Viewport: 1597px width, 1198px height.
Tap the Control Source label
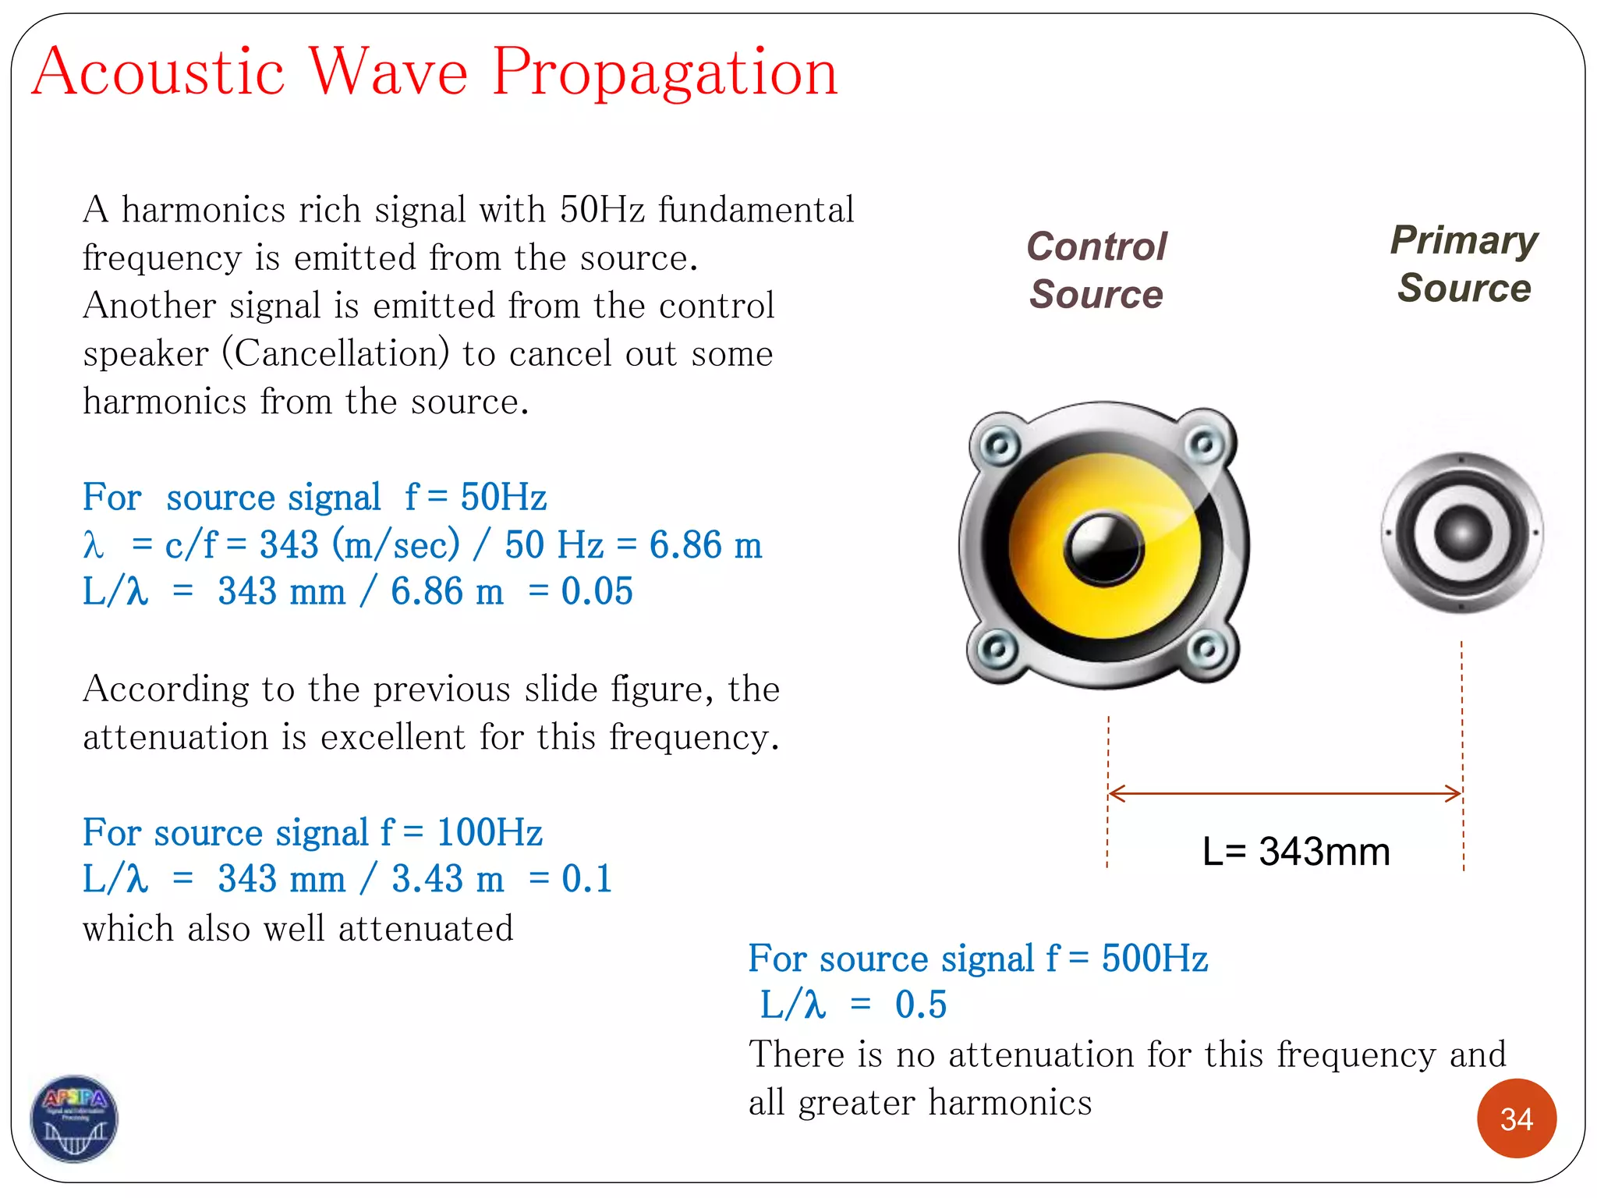tap(1096, 270)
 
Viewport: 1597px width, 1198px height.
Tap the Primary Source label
tap(1464, 264)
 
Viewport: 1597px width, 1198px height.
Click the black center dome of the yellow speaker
tap(1103, 547)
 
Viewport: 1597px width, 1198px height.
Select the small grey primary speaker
tap(1461, 533)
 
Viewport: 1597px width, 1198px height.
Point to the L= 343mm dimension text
tap(1296, 852)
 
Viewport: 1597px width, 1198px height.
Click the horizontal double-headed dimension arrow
tap(1284, 794)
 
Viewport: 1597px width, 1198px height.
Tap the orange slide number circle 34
tap(1516, 1118)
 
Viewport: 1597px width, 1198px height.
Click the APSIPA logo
tap(74, 1118)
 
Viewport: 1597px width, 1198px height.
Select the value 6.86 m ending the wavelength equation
tap(705, 544)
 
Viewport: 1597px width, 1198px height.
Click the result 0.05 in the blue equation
tap(597, 591)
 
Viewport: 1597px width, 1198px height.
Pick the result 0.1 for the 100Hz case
tap(586, 879)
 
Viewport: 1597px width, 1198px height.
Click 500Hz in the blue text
tap(1154, 959)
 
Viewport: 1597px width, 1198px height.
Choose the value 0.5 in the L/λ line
tap(920, 1005)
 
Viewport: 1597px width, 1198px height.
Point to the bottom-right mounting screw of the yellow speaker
tap(1207, 649)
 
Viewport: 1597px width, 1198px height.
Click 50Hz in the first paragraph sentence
tap(602, 210)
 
